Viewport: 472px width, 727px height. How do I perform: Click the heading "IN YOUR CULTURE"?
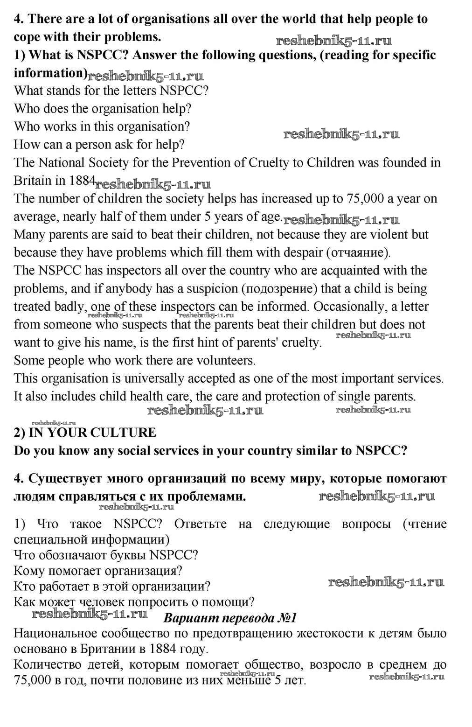pyautogui.click(x=92, y=433)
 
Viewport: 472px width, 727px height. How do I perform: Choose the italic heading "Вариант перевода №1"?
pyautogui.click(x=230, y=618)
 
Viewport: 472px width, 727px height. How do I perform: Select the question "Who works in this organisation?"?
pyautogui.click(x=102, y=127)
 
